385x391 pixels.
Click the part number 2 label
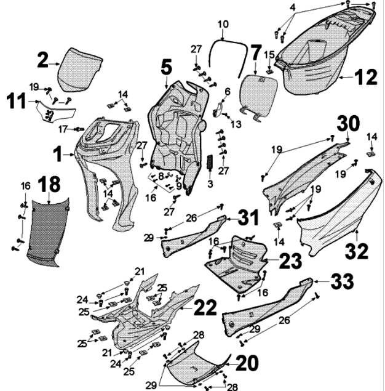[42, 60]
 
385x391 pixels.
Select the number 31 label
[248, 217]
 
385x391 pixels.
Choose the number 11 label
[18, 100]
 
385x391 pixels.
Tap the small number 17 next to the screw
[63, 129]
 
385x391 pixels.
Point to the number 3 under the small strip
[210, 183]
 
